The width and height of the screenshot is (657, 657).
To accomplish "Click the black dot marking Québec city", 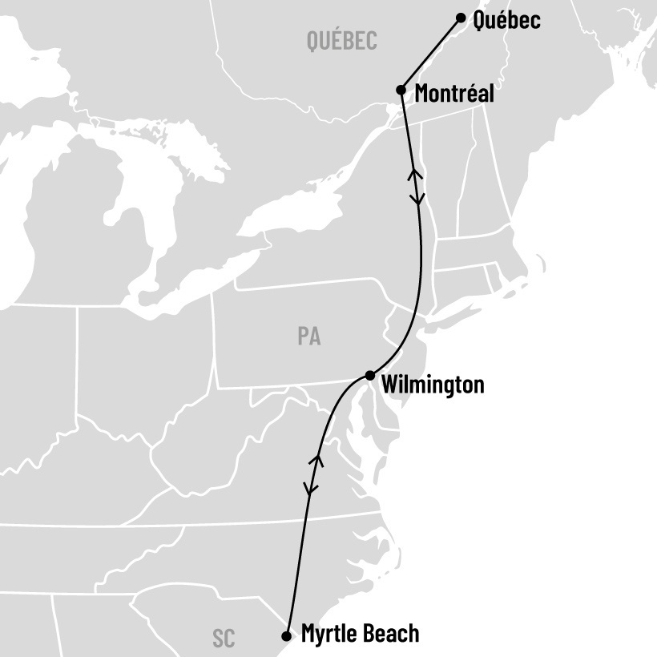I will tap(461, 18).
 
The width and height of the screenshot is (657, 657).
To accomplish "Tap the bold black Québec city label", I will tap(506, 20).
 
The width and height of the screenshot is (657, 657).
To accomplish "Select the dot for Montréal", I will tap(401, 90).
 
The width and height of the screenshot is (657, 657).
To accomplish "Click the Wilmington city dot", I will tap(369, 375).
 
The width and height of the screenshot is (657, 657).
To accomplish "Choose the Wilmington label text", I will tap(433, 385).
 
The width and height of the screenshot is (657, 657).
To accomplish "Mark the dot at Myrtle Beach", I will tap(287, 636).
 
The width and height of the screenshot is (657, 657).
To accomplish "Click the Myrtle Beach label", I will tap(360, 634).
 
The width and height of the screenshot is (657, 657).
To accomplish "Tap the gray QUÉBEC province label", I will tap(341, 41).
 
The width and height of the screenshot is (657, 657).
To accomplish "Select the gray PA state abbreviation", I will tap(309, 337).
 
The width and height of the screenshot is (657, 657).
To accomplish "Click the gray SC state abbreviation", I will tap(224, 639).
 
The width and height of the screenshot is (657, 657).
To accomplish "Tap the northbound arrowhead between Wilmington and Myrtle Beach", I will tap(316, 459).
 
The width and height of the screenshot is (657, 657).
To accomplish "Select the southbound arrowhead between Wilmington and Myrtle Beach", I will tap(309, 487).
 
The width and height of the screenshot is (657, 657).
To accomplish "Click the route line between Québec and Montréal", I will tap(431, 54).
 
